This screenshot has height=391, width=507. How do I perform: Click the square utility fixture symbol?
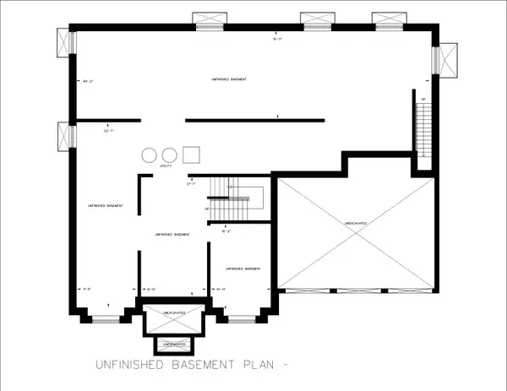(x=192, y=155)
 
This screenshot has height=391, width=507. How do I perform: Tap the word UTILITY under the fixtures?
(x=166, y=167)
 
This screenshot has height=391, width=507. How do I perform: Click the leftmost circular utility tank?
(x=150, y=155)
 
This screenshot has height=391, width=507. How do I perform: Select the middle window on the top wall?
(x=314, y=19)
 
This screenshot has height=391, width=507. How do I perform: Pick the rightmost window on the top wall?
(x=387, y=19)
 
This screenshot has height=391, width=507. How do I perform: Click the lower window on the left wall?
(x=65, y=136)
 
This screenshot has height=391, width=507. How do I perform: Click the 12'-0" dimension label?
(x=152, y=289)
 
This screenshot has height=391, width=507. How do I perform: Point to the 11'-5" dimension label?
(x=87, y=289)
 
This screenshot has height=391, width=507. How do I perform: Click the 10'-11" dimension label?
(x=221, y=289)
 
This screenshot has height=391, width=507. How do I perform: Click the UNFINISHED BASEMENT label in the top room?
(x=232, y=79)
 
